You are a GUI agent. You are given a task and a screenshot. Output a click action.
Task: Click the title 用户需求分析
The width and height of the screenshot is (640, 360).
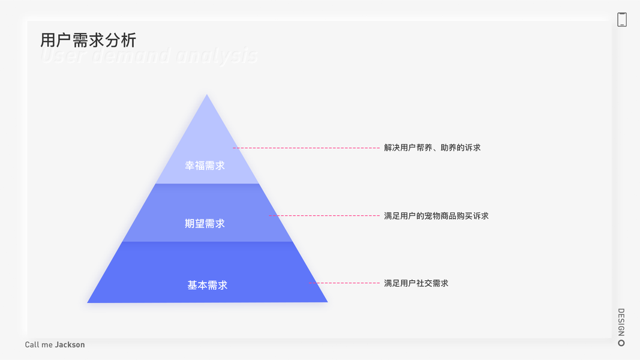point(88,40)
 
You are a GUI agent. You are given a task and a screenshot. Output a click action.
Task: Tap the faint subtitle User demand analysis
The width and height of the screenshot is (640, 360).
point(149,56)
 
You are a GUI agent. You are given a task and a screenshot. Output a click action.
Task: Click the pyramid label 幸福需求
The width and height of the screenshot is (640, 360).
point(205,166)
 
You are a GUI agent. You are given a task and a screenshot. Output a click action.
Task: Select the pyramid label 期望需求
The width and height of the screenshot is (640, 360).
point(205,224)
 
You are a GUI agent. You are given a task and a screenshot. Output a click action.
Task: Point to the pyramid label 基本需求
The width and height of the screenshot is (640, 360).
point(208,286)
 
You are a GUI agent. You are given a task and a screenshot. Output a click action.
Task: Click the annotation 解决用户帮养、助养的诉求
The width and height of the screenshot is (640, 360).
point(432,148)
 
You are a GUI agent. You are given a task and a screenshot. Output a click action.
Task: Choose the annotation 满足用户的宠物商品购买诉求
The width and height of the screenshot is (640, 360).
point(436,216)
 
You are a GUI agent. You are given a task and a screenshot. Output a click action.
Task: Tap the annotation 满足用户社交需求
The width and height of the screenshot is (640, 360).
point(416,283)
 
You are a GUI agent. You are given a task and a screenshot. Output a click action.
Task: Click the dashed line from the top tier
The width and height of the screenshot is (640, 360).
point(306,148)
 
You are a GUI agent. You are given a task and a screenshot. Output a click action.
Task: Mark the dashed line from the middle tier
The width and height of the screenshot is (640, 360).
point(324,215)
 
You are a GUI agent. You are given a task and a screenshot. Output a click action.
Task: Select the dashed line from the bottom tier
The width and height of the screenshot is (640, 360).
point(348,283)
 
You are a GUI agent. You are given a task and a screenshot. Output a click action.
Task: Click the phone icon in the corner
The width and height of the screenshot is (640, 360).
point(622,19)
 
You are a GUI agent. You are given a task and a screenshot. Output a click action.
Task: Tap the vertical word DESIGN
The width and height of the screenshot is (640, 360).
point(621,322)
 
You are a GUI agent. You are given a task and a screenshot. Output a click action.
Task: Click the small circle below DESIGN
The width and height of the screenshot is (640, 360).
point(621,343)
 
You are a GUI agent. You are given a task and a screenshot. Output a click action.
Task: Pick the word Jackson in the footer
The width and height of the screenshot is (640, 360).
point(70,345)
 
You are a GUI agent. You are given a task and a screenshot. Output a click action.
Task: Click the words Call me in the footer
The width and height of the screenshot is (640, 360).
point(39,345)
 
